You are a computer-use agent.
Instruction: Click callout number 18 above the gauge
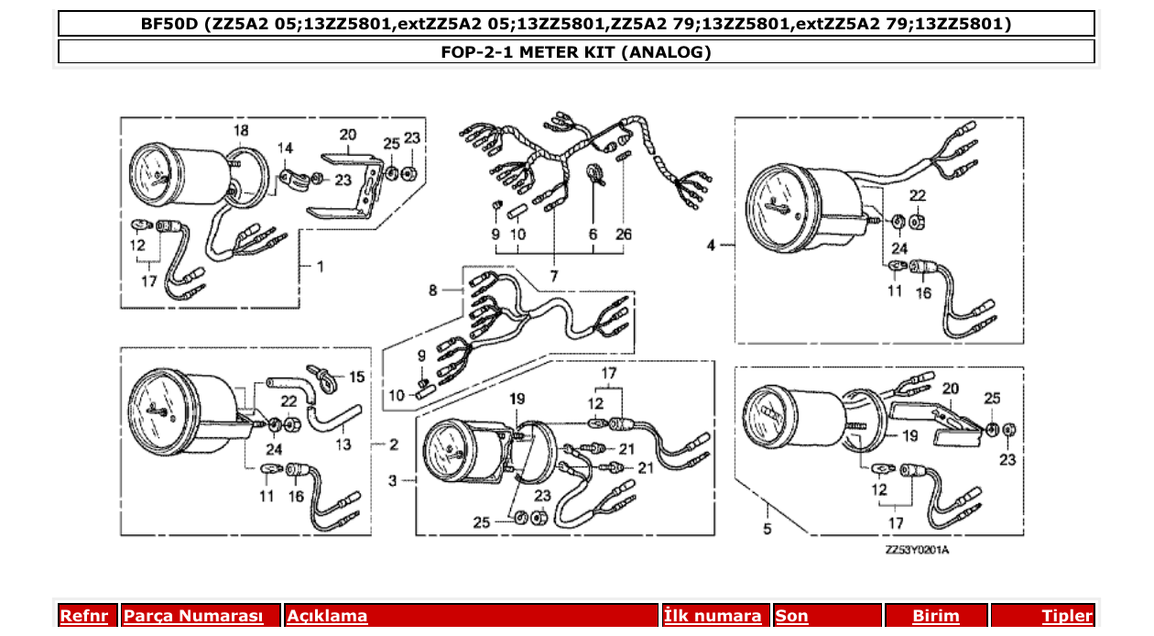point(240,131)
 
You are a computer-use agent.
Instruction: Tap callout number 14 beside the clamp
point(286,148)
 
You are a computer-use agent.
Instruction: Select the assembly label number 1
point(321,267)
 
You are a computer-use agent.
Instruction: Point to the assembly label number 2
point(393,445)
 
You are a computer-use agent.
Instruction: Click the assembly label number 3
point(392,479)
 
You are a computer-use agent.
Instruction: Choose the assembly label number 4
point(711,245)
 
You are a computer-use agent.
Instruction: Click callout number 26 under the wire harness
point(624,235)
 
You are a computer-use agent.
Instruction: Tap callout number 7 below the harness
point(553,275)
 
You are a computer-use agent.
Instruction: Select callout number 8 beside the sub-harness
point(433,291)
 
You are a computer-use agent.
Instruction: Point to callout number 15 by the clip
point(356,377)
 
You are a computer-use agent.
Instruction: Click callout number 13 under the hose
point(343,444)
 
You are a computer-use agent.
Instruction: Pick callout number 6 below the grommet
point(593,235)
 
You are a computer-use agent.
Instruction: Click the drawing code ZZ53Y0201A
point(917,551)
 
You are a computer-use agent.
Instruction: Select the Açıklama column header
point(327,616)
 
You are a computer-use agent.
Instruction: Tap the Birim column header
point(935,616)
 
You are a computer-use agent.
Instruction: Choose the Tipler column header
point(1067,616)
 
